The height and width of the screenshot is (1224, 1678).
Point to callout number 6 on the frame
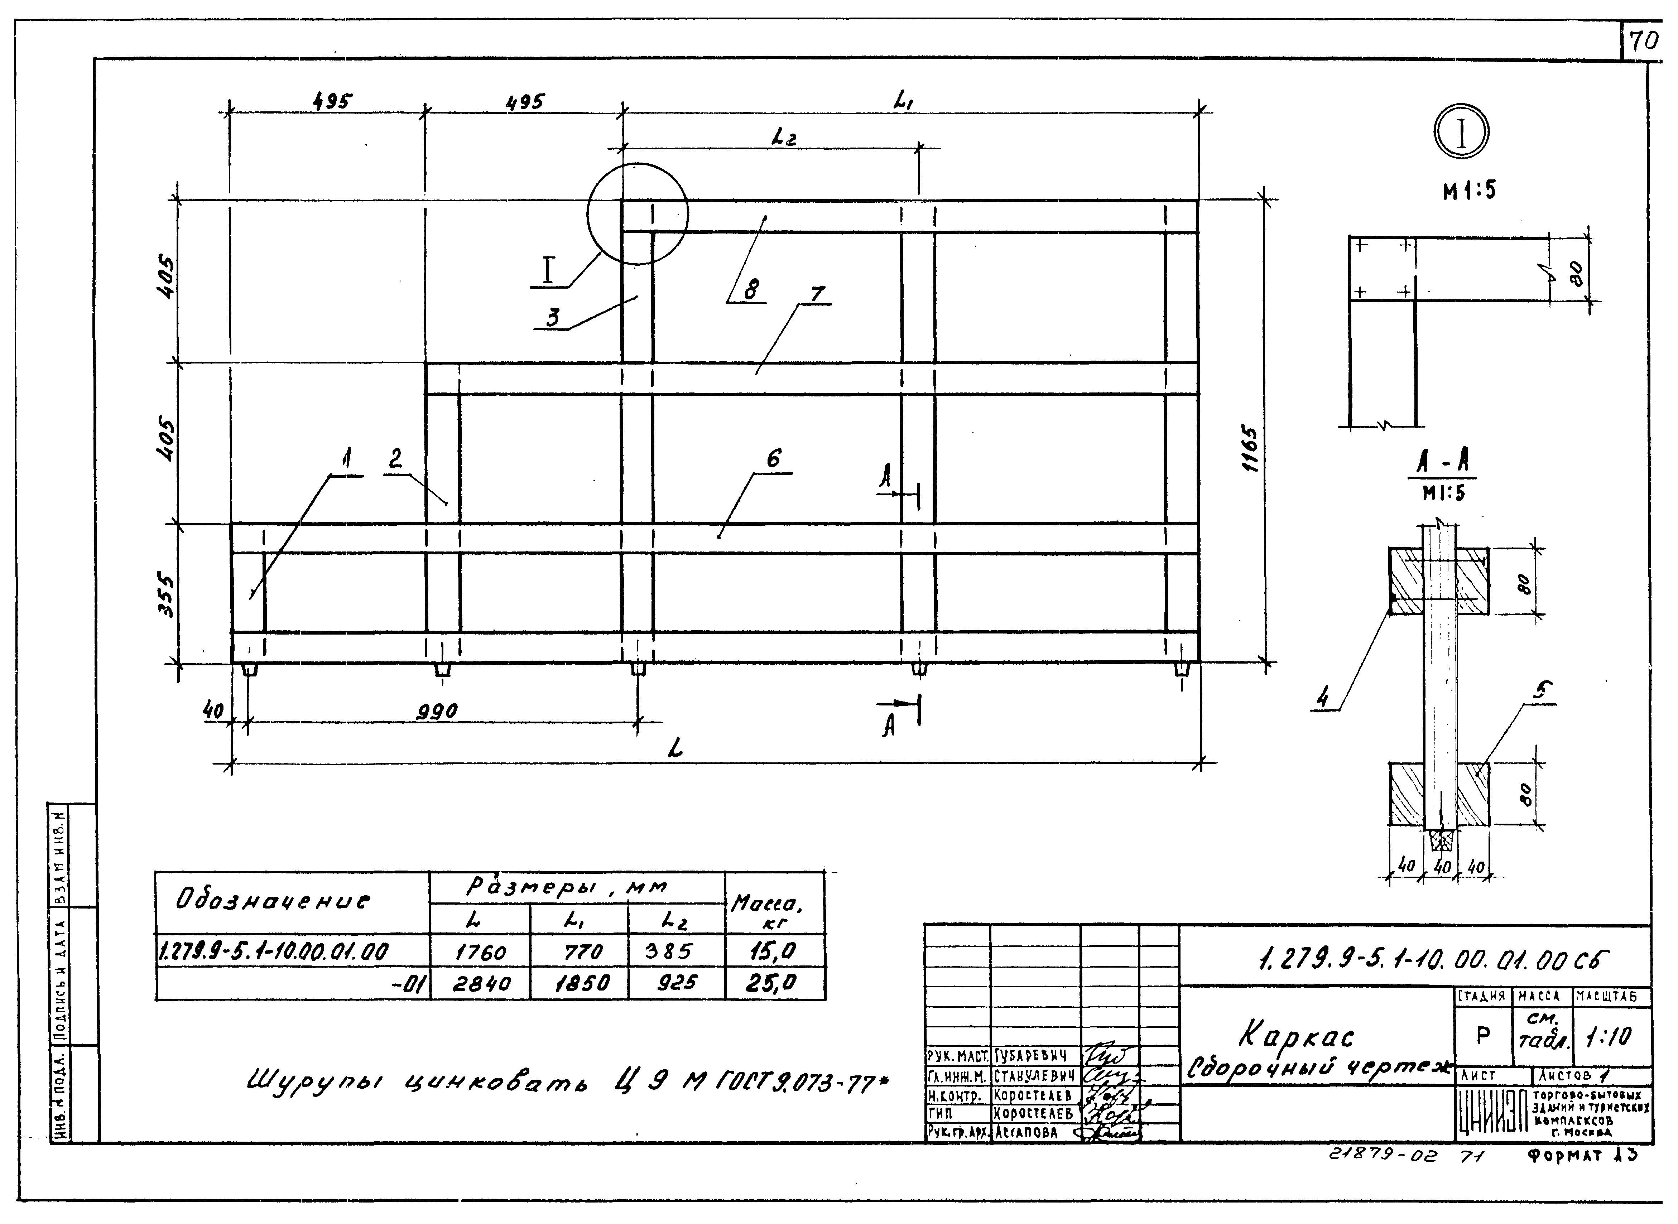point(773,459)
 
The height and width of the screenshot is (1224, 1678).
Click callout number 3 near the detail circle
point(553,317)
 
